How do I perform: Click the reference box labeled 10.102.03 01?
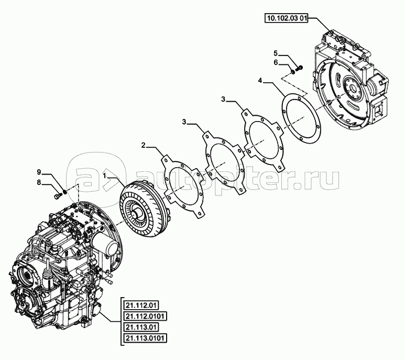coord(287,18)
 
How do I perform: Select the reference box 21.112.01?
coord(141,306)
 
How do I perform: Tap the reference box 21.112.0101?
coord(145,316)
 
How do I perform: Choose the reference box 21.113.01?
coord(141,327)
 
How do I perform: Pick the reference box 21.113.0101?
coord(145,338)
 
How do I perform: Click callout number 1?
coord(104,176)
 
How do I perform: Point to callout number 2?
coord(143,145)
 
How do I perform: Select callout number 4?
coord(260,81)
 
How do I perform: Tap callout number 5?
coord(276,53)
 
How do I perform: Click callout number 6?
coord(276,62)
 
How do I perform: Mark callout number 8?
coord(39,182)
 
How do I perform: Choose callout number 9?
coord(39,172)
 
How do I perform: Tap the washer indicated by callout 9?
coord(64,192)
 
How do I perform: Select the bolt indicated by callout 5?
coord(300,69)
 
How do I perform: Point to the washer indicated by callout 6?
coord(293,71)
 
